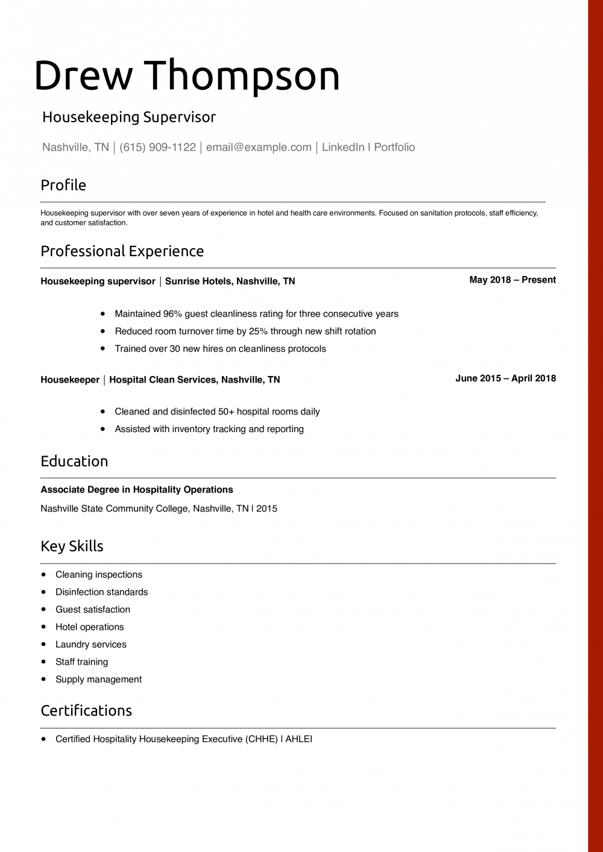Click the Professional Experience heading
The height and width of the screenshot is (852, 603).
tap(122, 251)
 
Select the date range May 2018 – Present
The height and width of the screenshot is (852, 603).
tap(513, 280)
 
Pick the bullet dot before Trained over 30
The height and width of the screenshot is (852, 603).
tap(103, 348)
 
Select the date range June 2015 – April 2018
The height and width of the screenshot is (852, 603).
tap(505, 378)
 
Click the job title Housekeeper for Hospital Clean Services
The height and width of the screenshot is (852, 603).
tap(70, 380)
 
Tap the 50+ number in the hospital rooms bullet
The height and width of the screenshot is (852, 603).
tap(226, 412)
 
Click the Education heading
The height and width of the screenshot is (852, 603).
tap(74, 462)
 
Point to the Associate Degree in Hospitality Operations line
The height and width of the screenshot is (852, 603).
tap(137, 490)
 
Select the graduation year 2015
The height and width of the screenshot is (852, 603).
tap(267, 509)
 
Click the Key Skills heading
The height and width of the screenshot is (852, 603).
tap(72, 547)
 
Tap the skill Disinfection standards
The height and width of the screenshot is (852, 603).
tap(101, 592)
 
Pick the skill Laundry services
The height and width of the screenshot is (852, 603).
tap(91, 645)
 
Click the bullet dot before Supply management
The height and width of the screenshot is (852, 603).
tap(43, 679)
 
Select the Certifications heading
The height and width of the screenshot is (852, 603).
tap(86, 711)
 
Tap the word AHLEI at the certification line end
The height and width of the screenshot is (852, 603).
tap(298, 739)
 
